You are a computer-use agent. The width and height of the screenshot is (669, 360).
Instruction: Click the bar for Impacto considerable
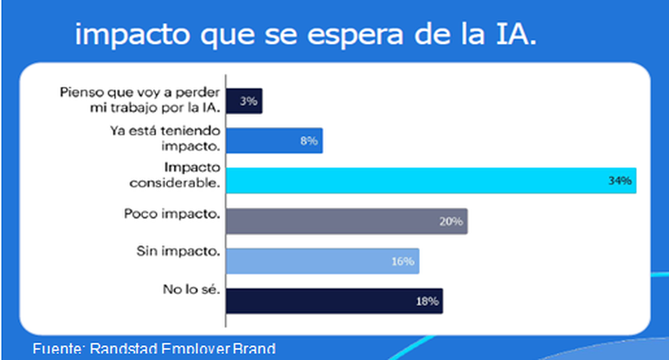431,180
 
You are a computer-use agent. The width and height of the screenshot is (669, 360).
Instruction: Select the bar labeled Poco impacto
346,221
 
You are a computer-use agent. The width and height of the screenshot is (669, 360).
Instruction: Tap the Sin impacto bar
323,261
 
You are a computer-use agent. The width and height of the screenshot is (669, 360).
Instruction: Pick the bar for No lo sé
334,300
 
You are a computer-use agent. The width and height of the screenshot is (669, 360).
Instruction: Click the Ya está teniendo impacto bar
274,140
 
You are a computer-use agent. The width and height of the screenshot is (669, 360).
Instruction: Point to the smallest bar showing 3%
245,101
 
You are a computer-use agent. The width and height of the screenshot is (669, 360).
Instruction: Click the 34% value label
620,181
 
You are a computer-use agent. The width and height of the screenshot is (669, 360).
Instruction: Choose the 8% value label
307,141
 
